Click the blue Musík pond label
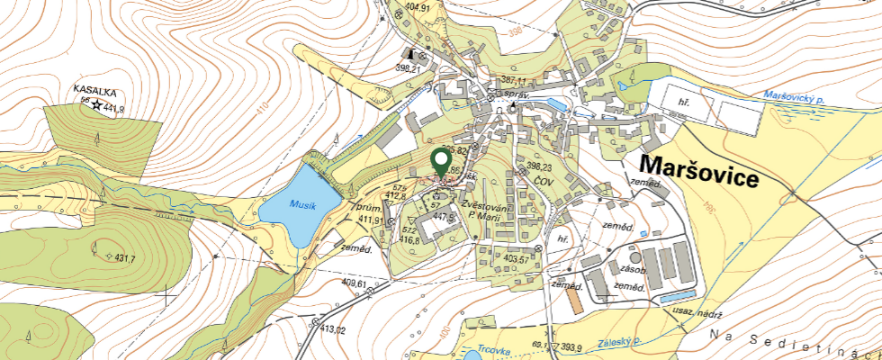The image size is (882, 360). click(303, 205)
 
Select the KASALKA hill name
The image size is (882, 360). click(94, 91)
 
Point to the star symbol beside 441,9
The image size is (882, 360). click(96, 105)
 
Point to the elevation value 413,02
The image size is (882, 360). click(329, 330)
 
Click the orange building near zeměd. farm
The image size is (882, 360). click(578, 302)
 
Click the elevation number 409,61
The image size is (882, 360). click(354, 284)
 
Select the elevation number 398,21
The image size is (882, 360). click(408, 68)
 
